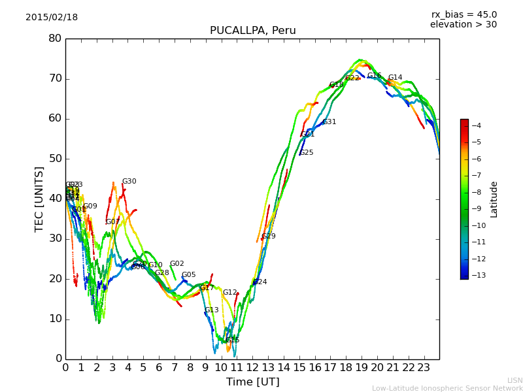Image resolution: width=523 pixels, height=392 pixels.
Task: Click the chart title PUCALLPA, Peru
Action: (252, 31)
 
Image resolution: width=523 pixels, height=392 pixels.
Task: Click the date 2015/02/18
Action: (52, 18)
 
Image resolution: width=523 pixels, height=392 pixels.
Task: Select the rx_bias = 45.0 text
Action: (464, 14)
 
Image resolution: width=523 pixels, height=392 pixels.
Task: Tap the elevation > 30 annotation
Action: (463, 25)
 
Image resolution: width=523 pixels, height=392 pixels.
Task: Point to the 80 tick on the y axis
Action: (55, 39)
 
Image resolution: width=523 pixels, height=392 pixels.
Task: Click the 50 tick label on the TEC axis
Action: (55, 159)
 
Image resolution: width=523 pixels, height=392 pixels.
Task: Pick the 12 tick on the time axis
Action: (252, 367)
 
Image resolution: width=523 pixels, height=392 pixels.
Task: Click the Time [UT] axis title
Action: (252, 382)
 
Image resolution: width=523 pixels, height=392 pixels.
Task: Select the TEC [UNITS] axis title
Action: (39, 199)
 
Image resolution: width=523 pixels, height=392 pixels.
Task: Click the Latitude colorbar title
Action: (494, 199)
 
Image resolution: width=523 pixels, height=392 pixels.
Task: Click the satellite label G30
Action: (129, 182)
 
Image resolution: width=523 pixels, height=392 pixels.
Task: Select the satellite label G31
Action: (329, 122)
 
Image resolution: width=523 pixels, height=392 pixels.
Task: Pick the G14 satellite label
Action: (395, 78)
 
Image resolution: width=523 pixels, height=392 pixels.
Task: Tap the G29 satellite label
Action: (269, 237)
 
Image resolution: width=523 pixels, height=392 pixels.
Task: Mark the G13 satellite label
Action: (212, 310)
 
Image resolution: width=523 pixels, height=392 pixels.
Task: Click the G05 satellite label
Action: (188, 275)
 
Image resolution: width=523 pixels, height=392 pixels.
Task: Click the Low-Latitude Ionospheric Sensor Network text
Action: (447, 388)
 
